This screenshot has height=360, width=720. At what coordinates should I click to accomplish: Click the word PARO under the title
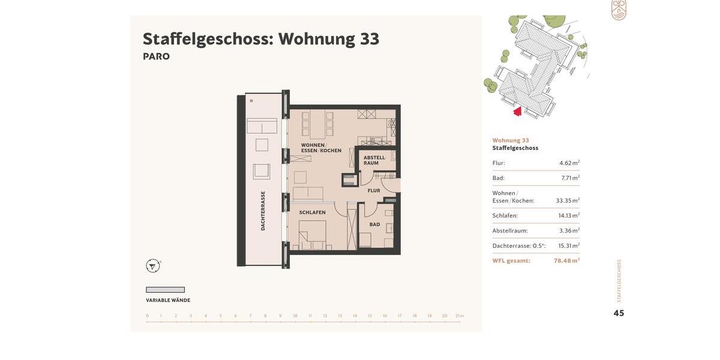click(156, 56)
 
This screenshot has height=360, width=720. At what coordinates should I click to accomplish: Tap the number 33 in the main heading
click(370, 39)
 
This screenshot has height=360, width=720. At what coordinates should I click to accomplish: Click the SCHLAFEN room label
click(313, 212)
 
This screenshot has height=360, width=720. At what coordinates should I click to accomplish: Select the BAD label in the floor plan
click(374, 224)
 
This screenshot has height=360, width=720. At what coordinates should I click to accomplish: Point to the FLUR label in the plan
click(374, 191)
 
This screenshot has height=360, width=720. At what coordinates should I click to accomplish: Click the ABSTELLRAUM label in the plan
click(374, 160)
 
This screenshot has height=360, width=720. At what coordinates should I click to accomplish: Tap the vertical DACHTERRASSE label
click(263, 211)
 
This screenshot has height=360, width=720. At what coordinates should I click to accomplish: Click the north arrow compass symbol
click(153, 266)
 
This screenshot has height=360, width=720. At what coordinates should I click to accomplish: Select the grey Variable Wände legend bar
click(165, 290)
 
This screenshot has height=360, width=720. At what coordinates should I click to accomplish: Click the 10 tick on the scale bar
click(295, 316)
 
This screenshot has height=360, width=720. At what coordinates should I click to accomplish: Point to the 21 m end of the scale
click(459, 316)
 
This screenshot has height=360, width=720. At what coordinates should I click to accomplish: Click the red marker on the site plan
click(518, 111)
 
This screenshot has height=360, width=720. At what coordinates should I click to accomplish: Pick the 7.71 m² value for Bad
click(570, 178)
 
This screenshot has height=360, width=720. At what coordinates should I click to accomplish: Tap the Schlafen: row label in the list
click(505, 216)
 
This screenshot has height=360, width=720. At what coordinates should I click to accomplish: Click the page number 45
click(619, 313)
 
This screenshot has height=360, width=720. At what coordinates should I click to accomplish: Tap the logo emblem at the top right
click(619, 10)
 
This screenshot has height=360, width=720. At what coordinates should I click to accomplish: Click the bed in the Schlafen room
click(313, 235)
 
